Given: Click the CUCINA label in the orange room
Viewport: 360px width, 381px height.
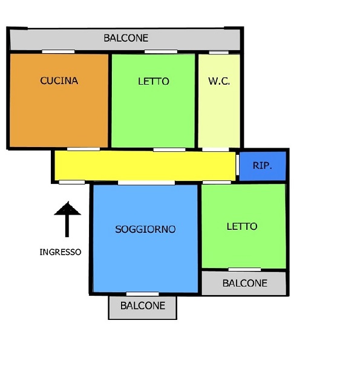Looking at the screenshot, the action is [x=59, y=80].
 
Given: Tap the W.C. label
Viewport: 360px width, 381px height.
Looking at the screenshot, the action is [x=219, y=81].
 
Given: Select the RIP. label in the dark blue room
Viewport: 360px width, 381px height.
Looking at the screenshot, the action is [x=262, y=166].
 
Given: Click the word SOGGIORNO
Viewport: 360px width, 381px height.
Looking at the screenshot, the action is [x=145, y=229].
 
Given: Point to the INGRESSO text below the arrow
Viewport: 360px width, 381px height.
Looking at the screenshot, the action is [x=61, y=252].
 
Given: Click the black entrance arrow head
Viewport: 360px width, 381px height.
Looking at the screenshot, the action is [x=68, y=209].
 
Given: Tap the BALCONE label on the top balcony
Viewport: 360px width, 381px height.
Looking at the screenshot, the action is [x=126, y=38].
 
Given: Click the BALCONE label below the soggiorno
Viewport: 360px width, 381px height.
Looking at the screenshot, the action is [x=143, y=305].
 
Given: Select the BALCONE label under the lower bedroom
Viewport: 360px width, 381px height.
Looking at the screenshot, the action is [x=245, y=283].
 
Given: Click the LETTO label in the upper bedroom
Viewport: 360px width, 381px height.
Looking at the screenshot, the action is [x=154, y=81].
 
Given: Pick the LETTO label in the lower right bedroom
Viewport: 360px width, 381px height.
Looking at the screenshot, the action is [x=242, y=226].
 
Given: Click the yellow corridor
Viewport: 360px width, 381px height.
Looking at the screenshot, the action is [x=145, y=166].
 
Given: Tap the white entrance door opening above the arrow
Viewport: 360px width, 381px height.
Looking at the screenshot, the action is [x=72, y=182].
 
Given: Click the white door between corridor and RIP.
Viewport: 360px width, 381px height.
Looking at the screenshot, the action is [x=238, y=165].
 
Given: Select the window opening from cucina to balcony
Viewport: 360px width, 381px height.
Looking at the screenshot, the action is [x=58, y=51].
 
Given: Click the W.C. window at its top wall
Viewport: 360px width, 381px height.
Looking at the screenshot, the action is [x=219, y=53].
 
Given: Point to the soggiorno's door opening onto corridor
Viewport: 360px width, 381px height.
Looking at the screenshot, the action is [x=146, y=183].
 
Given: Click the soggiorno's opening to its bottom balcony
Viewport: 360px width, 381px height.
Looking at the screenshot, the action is [x=142, y=294].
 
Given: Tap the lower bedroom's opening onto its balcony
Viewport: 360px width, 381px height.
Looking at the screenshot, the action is [x=244, y=270].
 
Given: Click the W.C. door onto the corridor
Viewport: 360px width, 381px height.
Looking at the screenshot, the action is [x=215, y=149].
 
